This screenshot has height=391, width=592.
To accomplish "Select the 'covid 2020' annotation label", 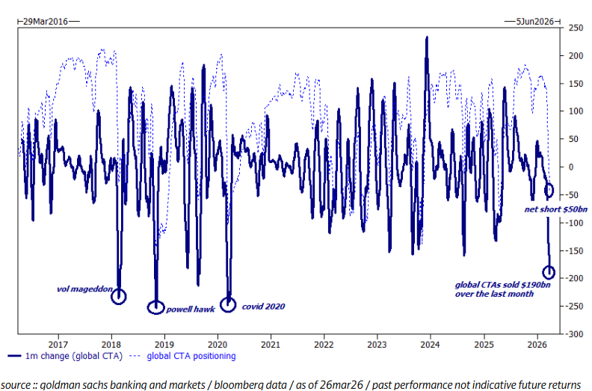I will pyautogui.click(x=263, y=307).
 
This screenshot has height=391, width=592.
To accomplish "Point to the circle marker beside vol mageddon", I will pyautogui.click(x=119, y=296).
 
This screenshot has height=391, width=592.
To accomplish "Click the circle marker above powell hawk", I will pyautogui.click(x=155, y=307).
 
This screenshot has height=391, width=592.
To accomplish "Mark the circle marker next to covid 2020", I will pyautogui.click(x=228, y=304).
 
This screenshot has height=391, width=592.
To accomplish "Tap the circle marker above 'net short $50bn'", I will pyautogui.click(x=549, y=191).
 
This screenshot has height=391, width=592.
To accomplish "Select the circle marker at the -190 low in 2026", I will pyautogui.click(x=549, y=272).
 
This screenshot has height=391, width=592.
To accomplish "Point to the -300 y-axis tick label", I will pyautogui.click(x=573, y=333).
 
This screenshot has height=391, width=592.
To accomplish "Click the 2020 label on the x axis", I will pyautogui.click(x=218, y=345).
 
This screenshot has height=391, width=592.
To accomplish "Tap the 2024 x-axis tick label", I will pyautogui.click(x=430, y=345).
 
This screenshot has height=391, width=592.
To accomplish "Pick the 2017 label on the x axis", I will pyautogui.click(x=58, y=345).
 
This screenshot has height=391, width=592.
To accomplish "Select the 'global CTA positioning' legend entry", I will pyautogui.click(x=191, y=356).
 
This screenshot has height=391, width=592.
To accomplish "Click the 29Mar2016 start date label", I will pyautogui.click(x=46, y=22).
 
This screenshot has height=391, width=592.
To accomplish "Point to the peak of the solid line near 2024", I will pyautogui.click(x=427, y=37).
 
